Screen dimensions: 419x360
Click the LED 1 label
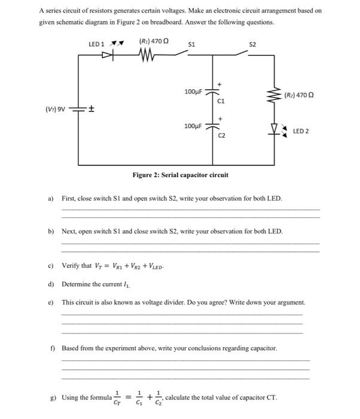pyautogui.click(x=96, y=44)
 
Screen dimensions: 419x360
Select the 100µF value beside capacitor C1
pyautogui.click(x=193, y=92)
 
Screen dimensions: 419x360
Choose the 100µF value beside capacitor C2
pyautogui.click(x=193, y=127)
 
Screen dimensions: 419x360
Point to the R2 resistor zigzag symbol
pyautogui.click(x=276, y=95)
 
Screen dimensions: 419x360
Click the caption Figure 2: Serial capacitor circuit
pyautogui.click(x=180, y=175)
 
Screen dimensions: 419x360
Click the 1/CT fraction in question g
pyautogui.click(x=117, y=397)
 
